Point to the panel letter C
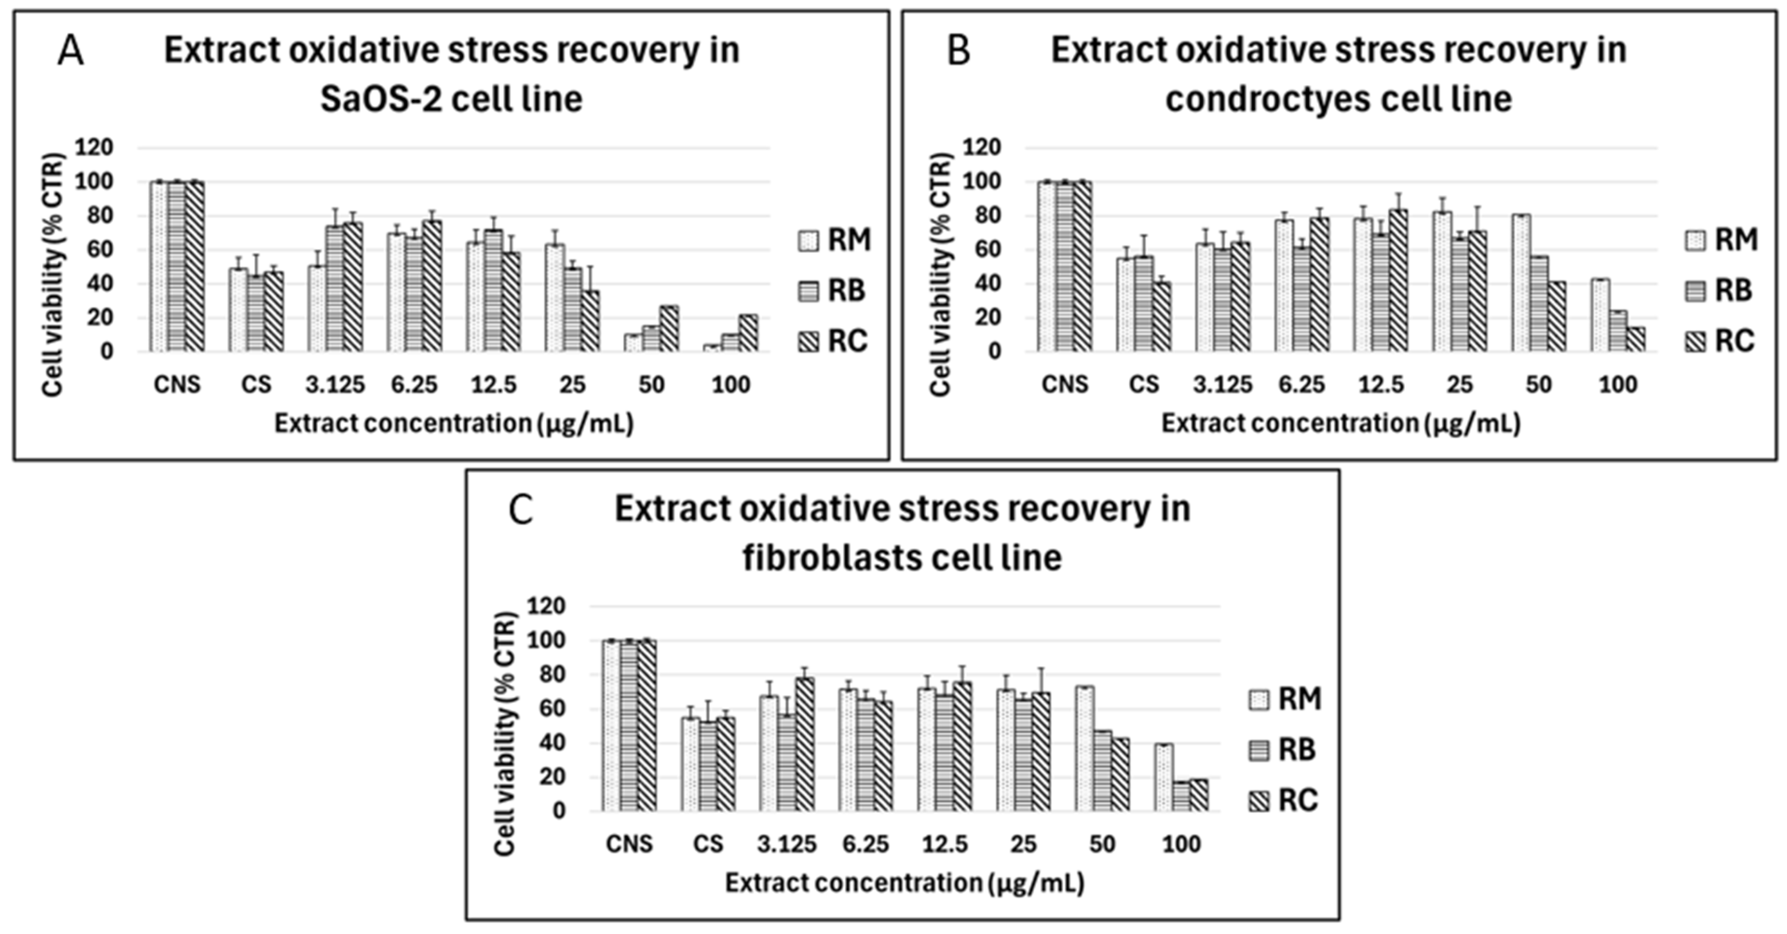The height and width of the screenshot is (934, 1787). click(x=521, y=511)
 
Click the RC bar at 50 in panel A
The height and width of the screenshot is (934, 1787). click(x=669, y=329)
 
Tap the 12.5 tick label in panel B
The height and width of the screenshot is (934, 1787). click(x=1381, y=384)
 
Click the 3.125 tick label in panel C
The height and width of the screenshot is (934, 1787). click(x=787, y=844)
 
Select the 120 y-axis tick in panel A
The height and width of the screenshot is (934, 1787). click(x=97, y=147)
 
